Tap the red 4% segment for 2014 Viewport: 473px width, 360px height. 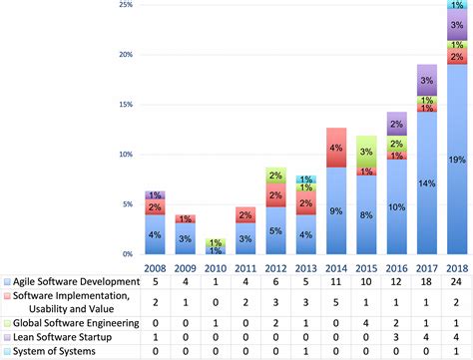pyautogui.click(x=337, y=148)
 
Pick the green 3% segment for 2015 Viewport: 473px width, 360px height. pyautogui.click(x=366, y=152)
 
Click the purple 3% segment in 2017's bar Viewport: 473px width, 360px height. pyautogui.click(x=425, y=81)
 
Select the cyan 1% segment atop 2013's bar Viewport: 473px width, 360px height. pyautogui.click(x=307, y=180)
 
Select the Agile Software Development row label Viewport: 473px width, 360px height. pyautogui.click(x=71, y=282)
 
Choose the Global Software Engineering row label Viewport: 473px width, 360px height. pyautogui.click(x=70, y=322)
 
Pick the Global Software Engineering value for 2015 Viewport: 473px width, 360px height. pyautogui.click(x=366, y=322)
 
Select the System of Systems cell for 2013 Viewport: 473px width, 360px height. pyautogui.click(x=307, y=351)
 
